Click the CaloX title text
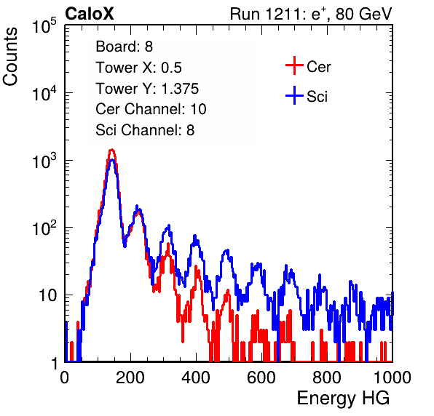click(x=90, y=14)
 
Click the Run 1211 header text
click(x=311, y=14)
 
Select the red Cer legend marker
click(x=294, y=65)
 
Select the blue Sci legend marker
click(x=294, y=95)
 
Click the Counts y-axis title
click(x=10, y=57)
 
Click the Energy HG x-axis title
click(x=343, y=399)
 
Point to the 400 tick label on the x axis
click(x=196, y=377)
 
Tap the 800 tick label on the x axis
click(x=327, y=377)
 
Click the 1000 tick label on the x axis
click(x=392, y=377)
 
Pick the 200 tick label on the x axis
click(x=130, y=377)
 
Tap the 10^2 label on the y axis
click(x=44, y=228)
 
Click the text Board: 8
click(x=125, y=47)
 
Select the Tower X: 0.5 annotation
click(x=138, y=68)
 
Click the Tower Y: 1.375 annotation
click(x=147, y=89)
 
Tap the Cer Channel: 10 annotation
click(x=151, y=109)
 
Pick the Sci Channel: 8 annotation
click(x=145, y=130)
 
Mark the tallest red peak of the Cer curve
click(x=111, y=150)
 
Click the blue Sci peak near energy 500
click(x=227, y=251)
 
